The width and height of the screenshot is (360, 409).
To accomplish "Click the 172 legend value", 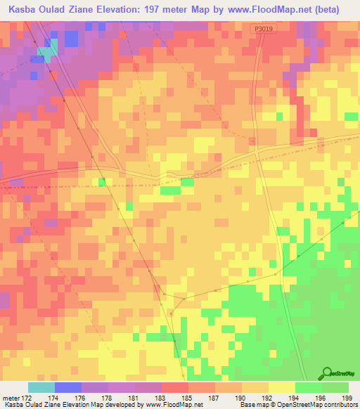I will click(27, 398).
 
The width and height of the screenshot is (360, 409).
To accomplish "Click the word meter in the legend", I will click(10, 398).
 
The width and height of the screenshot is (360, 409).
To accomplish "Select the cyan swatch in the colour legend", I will click(41, 387).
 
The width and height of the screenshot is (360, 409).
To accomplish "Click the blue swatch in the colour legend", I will click(67, 387).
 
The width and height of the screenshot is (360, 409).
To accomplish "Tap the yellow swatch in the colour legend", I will click(281, 387).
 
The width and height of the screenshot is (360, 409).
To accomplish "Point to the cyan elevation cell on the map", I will click(47, 51).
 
